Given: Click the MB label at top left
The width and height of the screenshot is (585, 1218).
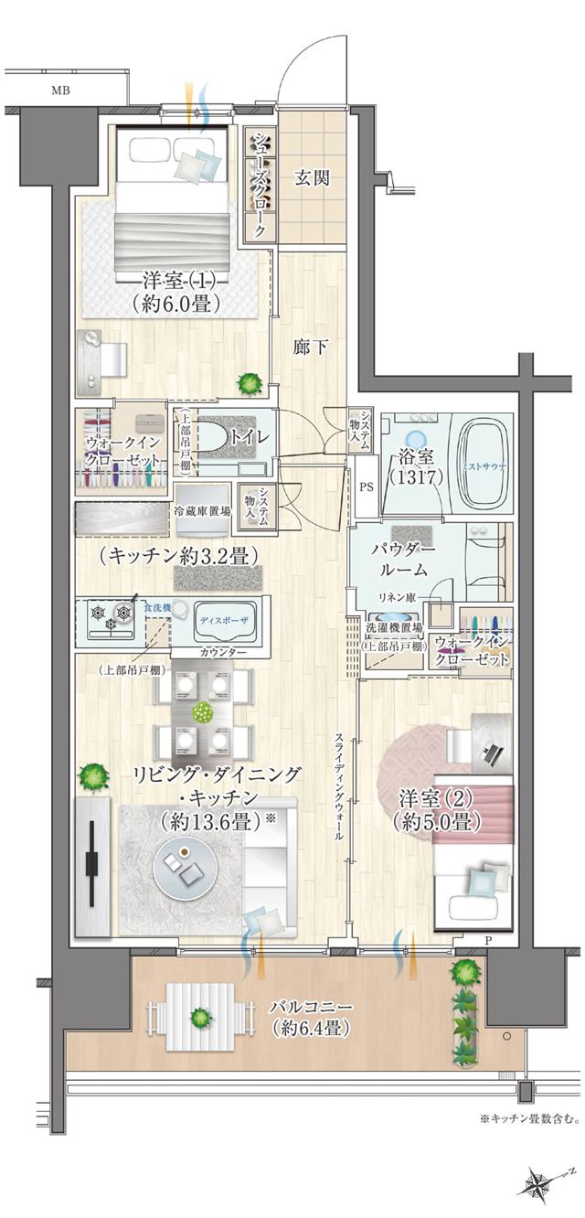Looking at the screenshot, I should pos(60,90).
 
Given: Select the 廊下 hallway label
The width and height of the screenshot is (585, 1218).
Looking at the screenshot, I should pos(309,347).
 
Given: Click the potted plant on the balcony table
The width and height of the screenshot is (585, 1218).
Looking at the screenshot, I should pos(199,1017).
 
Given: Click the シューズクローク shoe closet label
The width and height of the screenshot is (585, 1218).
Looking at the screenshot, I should pos(258,186).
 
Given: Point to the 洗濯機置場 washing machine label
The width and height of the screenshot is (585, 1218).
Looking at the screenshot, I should pos(393,629).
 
